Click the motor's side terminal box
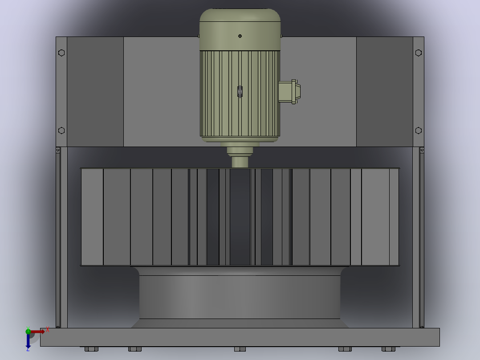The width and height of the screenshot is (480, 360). pos(289,92)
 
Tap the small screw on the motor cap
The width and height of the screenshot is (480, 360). pos(240,36)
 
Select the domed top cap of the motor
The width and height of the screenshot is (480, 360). pos(240,29)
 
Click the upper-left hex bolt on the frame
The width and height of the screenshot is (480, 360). pos(61,53)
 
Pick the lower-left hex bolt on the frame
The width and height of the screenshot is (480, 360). pos(61,131)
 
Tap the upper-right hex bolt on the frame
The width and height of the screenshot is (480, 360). pos(419,53)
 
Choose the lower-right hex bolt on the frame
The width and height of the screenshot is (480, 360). pos(419,131)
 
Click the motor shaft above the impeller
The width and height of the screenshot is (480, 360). pos(240,162)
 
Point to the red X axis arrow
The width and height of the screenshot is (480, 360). pos(38,331)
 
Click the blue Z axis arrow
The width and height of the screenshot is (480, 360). pos(28,341)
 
